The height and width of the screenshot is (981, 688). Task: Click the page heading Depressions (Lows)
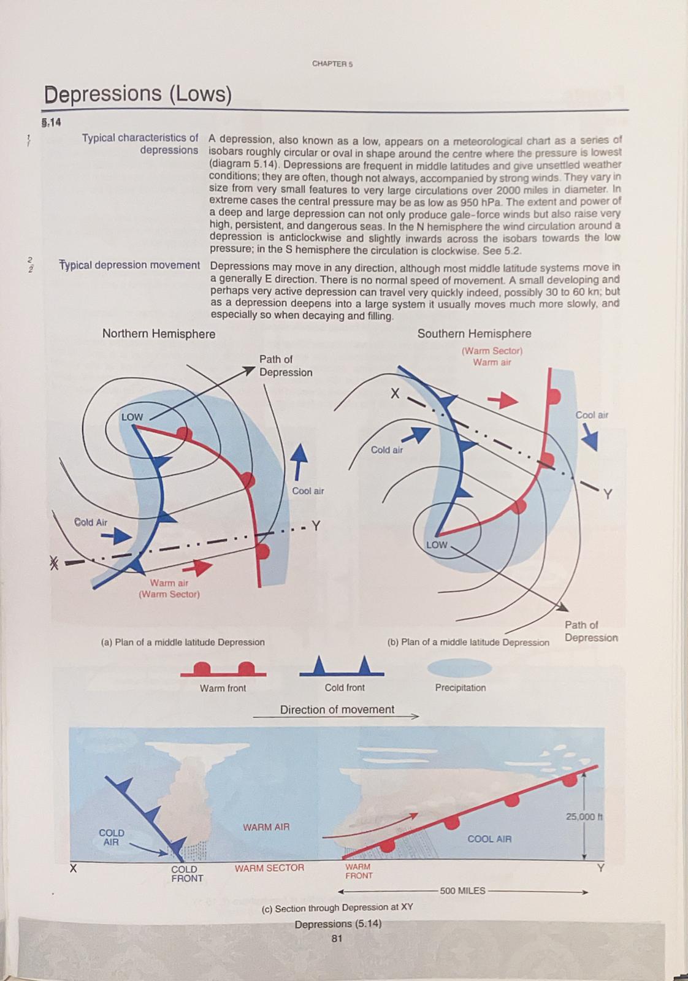click(138, 94)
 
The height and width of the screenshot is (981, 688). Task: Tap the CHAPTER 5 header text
click(332, 64)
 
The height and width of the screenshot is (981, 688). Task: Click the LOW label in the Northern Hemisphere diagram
click(132, 417)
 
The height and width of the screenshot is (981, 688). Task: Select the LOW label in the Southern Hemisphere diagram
click(437, 544)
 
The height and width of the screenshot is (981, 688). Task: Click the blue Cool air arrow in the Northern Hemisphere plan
click(299, 462)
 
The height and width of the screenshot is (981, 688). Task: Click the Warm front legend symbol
click(223, 670)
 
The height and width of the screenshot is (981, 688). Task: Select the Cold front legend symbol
click(342, 667)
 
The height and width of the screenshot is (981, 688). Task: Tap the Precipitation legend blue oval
click(459, 668)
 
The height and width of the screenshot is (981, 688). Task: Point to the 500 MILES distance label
click(462, 891)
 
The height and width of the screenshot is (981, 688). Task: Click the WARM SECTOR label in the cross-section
click(269, 868)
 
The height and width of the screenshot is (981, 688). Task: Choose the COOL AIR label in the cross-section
click(489, 839)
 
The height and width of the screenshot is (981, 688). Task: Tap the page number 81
click(337, 938)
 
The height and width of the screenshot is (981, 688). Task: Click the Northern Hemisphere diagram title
click(159, 334)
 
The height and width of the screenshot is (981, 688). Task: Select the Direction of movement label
click(337, 709)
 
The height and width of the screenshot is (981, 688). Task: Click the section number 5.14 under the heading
click(52, 122)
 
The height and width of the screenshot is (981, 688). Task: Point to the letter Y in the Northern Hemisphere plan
click(316, 526)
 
